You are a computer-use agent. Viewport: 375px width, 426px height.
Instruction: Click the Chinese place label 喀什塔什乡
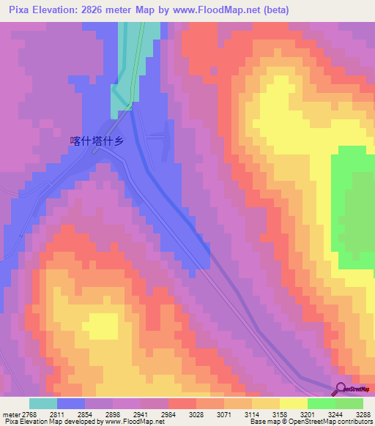[94, 142]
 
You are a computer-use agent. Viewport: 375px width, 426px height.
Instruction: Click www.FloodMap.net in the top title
[225, 10]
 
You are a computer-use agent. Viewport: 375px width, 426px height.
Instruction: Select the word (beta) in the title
[277, 10]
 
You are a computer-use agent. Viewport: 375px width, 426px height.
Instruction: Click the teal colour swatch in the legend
[43, 403]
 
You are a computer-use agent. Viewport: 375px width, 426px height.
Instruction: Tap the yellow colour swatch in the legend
[293, 403]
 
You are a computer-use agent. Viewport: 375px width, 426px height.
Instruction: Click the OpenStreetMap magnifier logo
[341, 389]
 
